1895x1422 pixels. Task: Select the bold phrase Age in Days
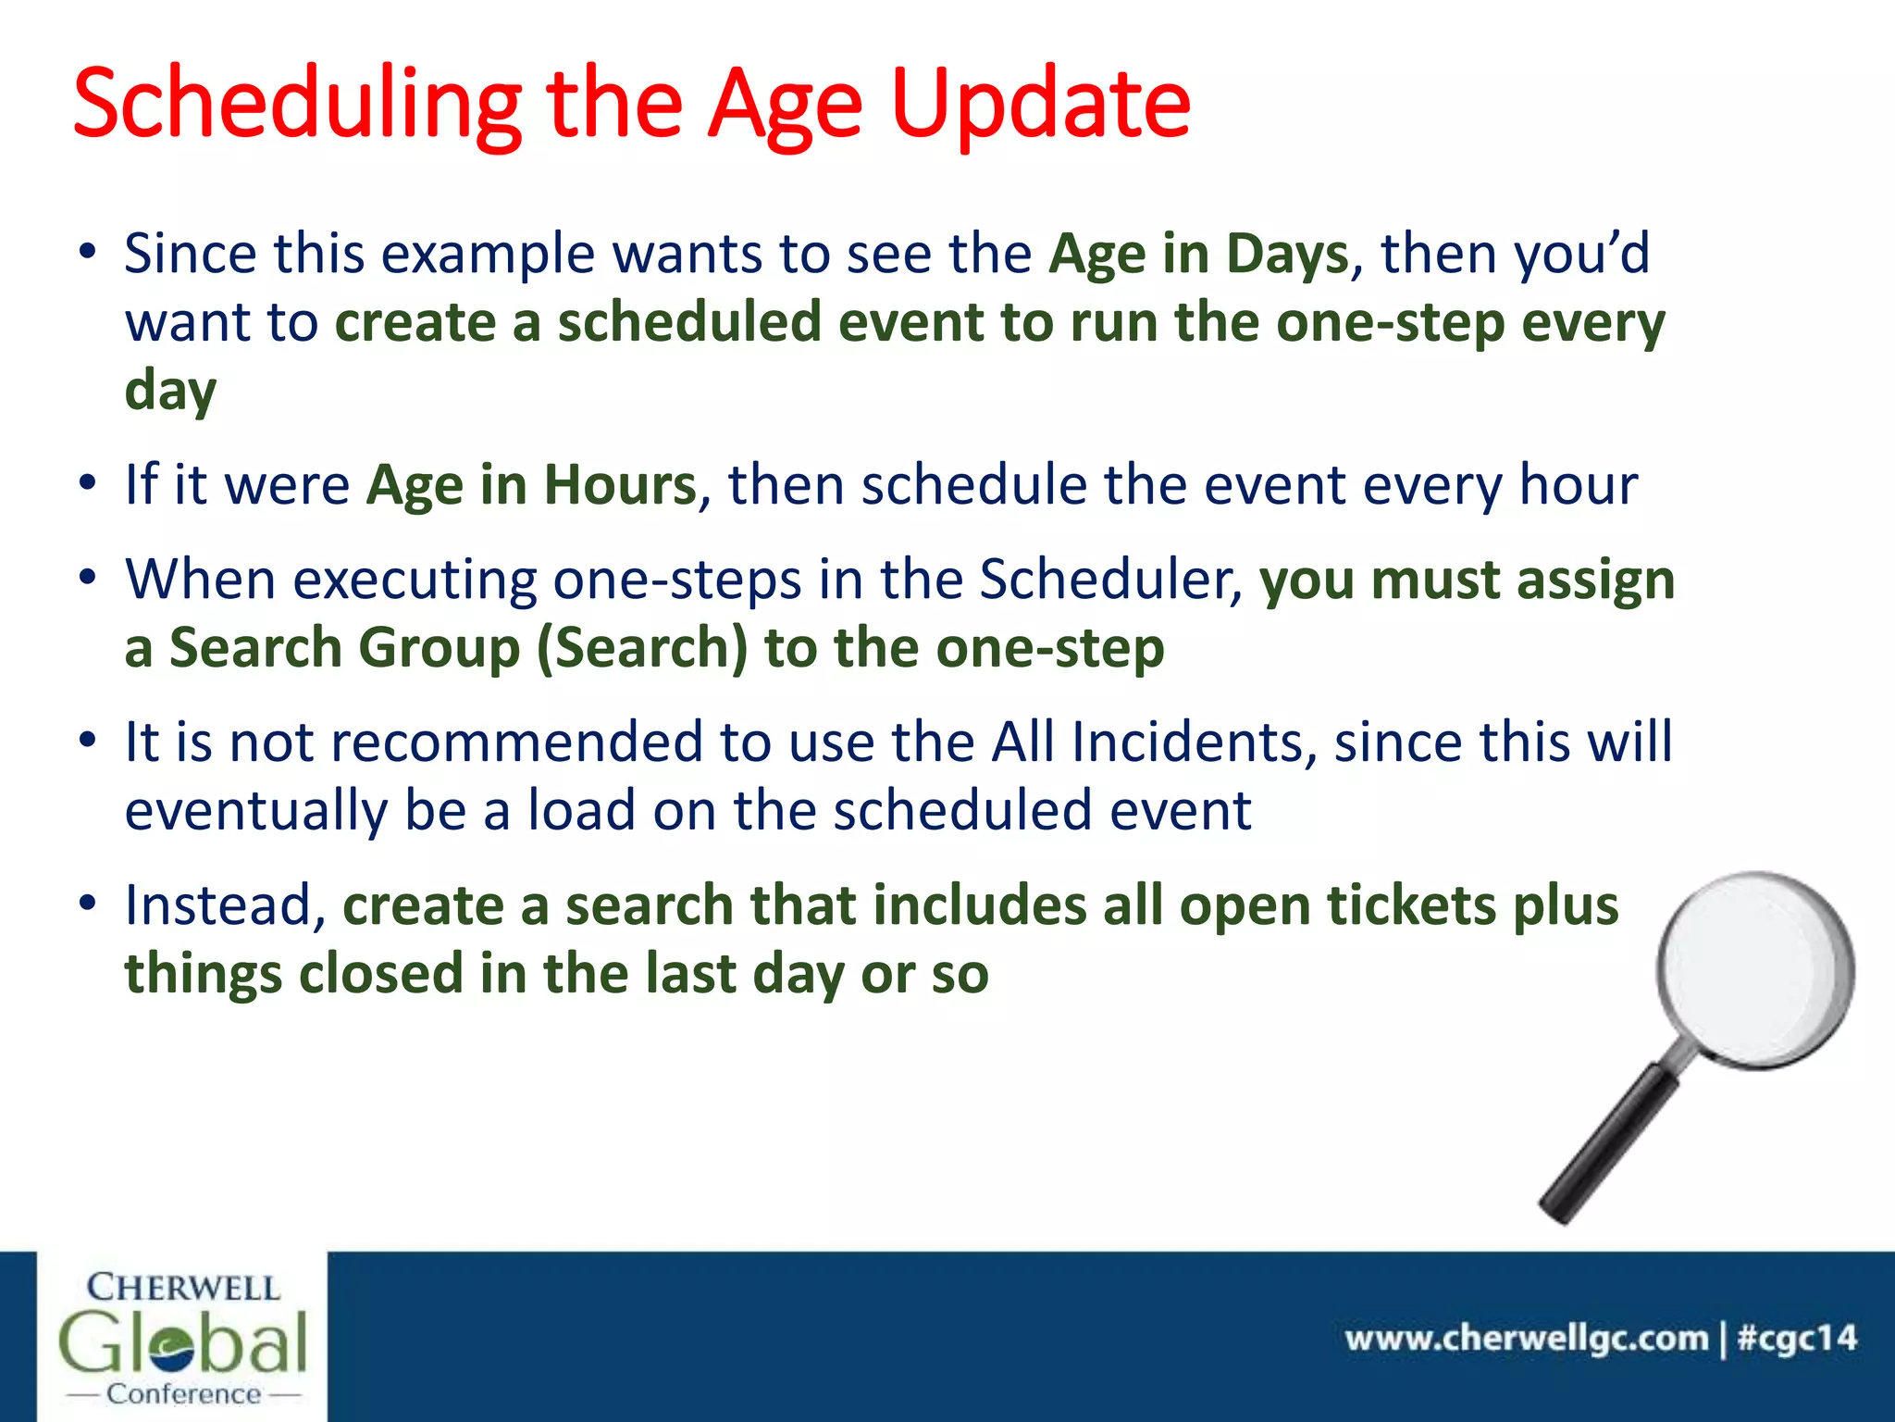click(1198, 254)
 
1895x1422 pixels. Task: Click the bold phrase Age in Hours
click(531, 485)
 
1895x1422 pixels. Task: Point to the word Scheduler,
click(1111, 580)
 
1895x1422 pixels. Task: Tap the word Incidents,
click(1195, 742)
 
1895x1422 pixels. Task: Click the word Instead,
click(225, 905)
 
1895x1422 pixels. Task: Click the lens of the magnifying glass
click(1753, 967)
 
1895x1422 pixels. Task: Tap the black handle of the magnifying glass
click(1605, 1148)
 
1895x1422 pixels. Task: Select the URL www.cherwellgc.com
click(1527, 1339)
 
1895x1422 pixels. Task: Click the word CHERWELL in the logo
click(182, 1288)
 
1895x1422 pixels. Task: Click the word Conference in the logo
click(183, 1394)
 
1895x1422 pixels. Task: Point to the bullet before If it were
click(87, 483)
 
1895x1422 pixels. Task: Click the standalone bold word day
click(170, 391)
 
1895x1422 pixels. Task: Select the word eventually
click(255, 811)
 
